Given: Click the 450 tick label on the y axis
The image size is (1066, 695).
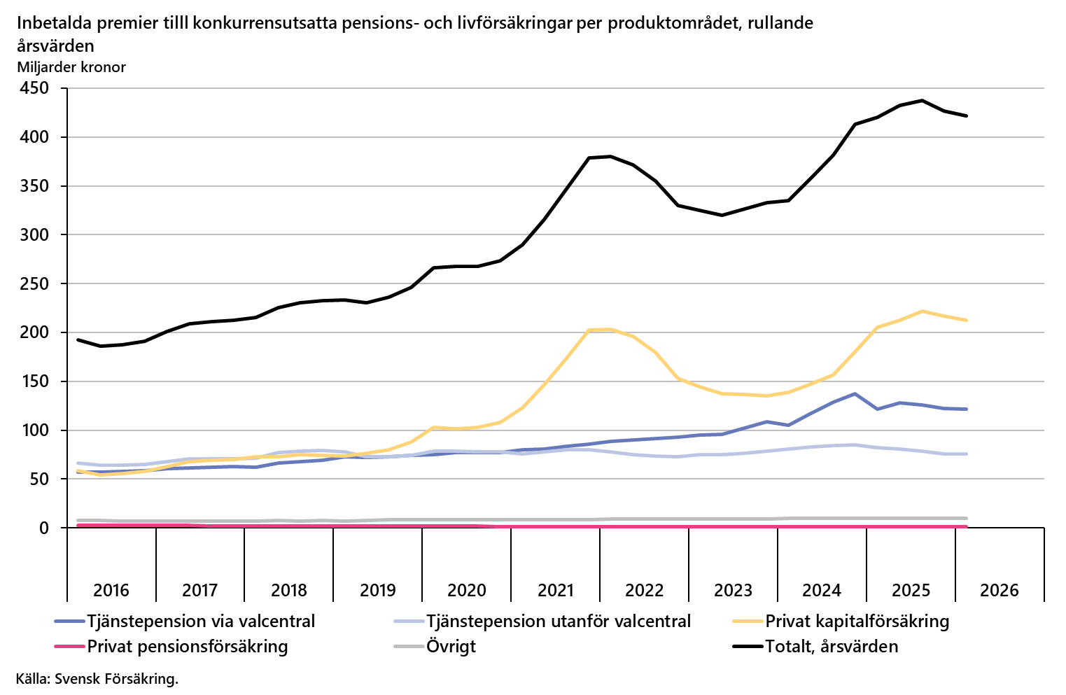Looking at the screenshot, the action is [x=34, y=88].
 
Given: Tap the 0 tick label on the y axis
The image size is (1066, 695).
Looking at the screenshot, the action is [x=44, y=528].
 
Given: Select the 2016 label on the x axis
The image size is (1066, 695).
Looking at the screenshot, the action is [x=111, y=590].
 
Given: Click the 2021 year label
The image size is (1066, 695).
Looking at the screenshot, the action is [x=555, y=590].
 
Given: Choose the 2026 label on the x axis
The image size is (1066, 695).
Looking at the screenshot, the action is [x=1000, y=590].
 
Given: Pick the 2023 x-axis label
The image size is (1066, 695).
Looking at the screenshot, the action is [x=733, y=590].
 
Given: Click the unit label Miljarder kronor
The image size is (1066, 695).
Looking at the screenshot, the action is [x=71, y=67].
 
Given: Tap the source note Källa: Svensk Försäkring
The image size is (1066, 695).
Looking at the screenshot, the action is [x=97, y=679].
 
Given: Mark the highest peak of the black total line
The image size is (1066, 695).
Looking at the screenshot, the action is [x=922, y=101].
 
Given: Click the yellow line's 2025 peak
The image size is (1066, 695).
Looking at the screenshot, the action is [x=922, y=311].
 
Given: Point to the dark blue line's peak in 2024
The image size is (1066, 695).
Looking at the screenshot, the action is [x=855, y=393].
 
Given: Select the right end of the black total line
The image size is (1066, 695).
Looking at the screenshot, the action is [x=966, y=115].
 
